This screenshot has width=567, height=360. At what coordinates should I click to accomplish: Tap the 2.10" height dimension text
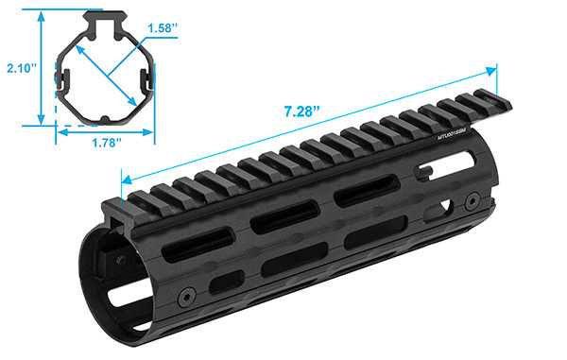click(x=19, y=67)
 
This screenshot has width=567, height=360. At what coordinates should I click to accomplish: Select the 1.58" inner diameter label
click(x=163, y=29)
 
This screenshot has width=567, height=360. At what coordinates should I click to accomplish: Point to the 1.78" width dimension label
click(x=105, y=144)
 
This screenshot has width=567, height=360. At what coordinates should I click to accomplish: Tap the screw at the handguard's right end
click(x=471, y=199)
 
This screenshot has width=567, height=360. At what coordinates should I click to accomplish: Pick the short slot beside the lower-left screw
click(x=224, y=283)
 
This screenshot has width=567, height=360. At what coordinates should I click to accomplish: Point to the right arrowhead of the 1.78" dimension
click(x=152, y=133)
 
